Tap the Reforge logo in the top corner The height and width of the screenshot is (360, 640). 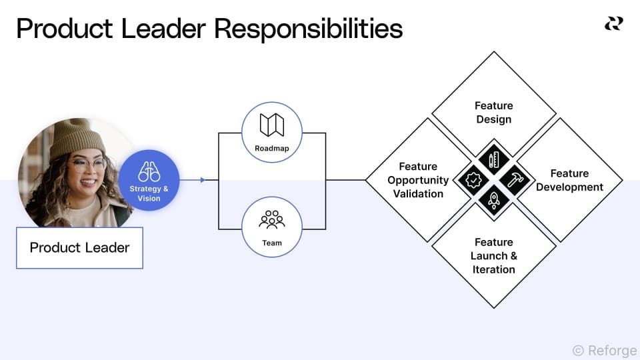[x=613, y=24]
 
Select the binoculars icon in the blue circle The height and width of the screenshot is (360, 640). [x=149, y=172]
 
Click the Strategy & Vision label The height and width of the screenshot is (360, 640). [x=149, y=193]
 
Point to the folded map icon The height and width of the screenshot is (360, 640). [x=272, y=125]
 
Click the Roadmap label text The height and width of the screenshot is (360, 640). [x=272, y=149]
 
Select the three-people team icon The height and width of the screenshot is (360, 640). [x=272, y=219]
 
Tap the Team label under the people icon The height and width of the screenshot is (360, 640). [x=272, y=243]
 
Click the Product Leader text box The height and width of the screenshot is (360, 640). [x=79, y=248]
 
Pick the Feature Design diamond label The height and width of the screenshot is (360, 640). [x=493, y=113]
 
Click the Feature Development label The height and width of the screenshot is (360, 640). [x=569, y=181]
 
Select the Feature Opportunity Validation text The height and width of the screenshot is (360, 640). [x=418, y=180]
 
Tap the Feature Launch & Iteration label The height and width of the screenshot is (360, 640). [x=493, y=256]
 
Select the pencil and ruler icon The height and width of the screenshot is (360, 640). [x=494, y=160]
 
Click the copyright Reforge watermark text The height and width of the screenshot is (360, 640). [x=604, y=351]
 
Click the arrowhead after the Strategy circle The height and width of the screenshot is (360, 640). [x=203, y=180]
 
